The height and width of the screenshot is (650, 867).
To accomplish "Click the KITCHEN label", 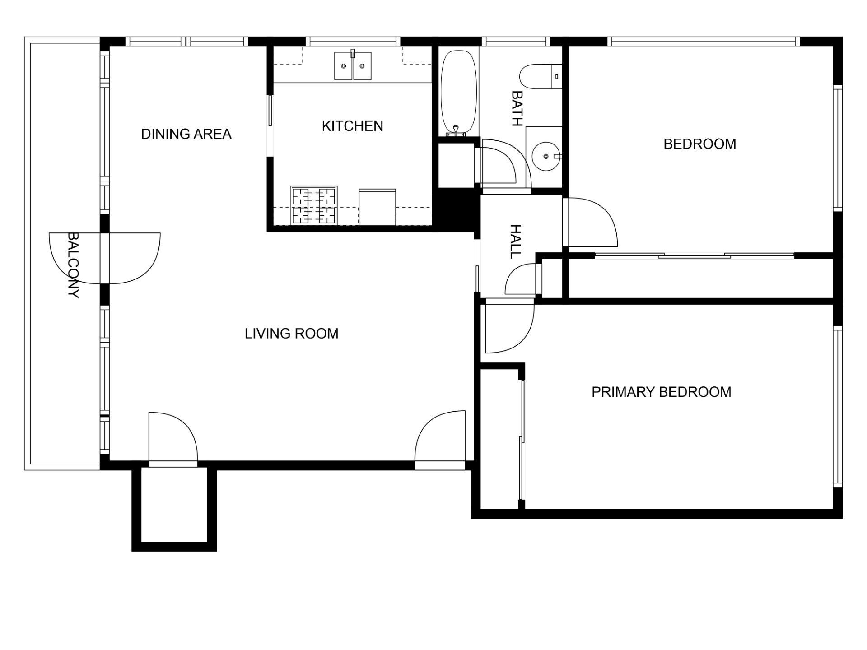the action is pos(352,125).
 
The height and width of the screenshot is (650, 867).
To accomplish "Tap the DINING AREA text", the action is pos(186,134).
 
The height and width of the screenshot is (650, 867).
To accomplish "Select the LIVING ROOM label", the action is pos(291,333).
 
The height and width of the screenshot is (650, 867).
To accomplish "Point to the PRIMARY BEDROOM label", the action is pos(661,392).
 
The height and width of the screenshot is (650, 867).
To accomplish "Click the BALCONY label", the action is pos(73,265).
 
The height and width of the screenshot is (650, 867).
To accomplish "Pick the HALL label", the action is pos(515,241).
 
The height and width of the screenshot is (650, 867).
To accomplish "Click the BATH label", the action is pos(517,108).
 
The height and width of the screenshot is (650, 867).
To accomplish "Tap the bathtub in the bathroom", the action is pos(459,93).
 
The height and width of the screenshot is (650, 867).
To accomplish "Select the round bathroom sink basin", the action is pos(546,156).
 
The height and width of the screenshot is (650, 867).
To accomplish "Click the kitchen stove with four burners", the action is pos(314,205).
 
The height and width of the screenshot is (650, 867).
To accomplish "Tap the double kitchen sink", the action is pos(353,66).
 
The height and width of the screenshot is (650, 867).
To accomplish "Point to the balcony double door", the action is pos(105,258).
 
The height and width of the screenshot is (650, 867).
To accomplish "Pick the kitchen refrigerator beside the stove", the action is pos(377,207).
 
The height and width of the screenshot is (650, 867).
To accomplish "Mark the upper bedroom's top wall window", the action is pos(703,42).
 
